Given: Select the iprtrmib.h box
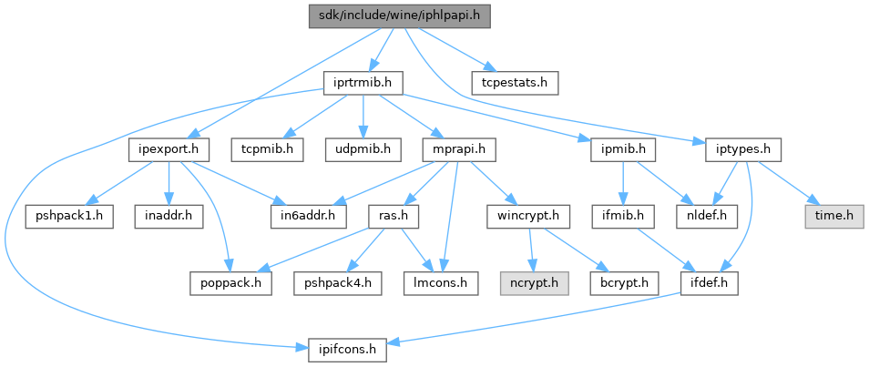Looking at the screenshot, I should tap(363, 83).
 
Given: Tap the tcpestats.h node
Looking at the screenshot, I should tap(515, 83).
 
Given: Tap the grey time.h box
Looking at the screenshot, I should tap(832, 216).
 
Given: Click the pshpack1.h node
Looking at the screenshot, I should tap(69, 216).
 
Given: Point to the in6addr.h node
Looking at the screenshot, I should tap(308, 216).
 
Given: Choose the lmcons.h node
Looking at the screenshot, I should tap(441, 282).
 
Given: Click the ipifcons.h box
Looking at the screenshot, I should tap(346, 347).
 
